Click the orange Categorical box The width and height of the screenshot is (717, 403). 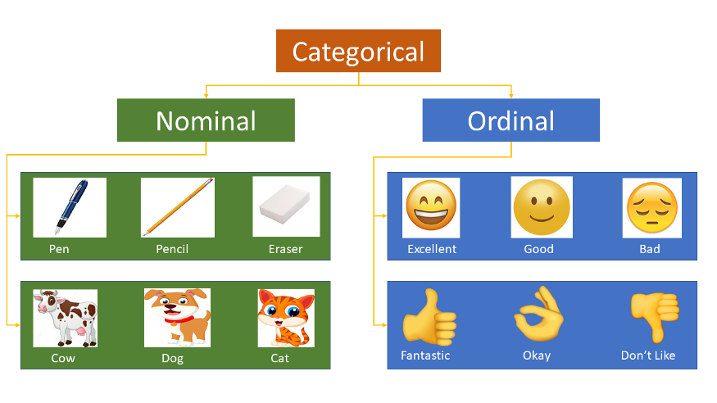[x=358, y=51]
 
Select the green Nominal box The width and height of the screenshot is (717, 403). [x=206, y=120]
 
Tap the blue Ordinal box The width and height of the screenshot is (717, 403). [x=511, y=120]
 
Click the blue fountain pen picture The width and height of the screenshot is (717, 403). [x=70, y=207]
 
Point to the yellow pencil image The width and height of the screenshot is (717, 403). [x=178, y=207]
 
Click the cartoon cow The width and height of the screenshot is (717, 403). [x=65, y=318]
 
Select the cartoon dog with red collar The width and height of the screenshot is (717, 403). [x=177, y=318]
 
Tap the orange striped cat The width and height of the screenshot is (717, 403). [x=286, y=318]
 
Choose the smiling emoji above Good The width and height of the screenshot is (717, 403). [x=542, y=207]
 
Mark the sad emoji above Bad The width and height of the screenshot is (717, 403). [x=651, y=208]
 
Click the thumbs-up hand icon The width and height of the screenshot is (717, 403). [x=429, y=317]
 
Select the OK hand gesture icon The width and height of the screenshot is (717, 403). [x=538, y=314]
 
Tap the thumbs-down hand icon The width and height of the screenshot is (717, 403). [x=655, y=317]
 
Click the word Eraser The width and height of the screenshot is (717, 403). [x=285, y=249]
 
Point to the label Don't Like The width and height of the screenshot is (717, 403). [x=648, y=355]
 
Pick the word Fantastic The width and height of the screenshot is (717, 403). [x=425, y=355]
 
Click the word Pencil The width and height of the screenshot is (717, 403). [x=172, y=249]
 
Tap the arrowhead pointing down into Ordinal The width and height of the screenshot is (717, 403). [x=511, y=96]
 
